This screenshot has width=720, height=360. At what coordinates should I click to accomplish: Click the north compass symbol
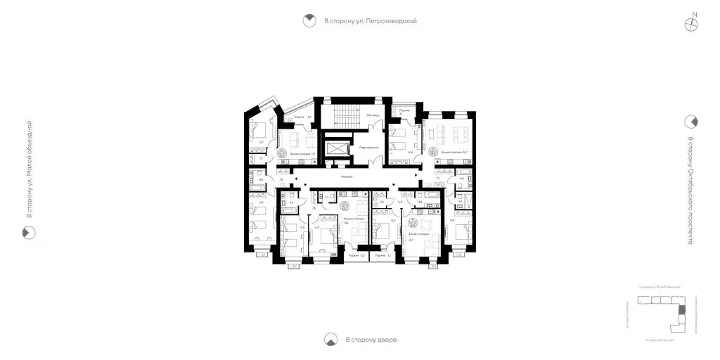(x=693, y=23)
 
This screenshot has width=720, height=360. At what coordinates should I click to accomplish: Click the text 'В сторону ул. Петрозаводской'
(x=371, y=21)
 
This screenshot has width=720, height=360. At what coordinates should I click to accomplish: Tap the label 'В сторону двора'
(x=371, y=340)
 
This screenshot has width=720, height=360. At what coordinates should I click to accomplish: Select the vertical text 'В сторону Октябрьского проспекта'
(x=691, y=190)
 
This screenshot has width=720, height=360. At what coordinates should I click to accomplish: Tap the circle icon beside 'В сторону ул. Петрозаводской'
(x=308, y=21)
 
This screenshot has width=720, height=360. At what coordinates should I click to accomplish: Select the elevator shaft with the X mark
(x=340, y=150)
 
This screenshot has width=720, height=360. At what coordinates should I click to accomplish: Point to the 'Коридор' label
(x=345, y=176)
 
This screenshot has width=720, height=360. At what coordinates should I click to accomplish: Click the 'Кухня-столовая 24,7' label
(x=454, y=152)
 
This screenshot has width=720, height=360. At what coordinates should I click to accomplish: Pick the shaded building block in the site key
(x=679, y=311)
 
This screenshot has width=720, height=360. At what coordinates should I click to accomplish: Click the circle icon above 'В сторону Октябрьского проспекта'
(x=691, y=122)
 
